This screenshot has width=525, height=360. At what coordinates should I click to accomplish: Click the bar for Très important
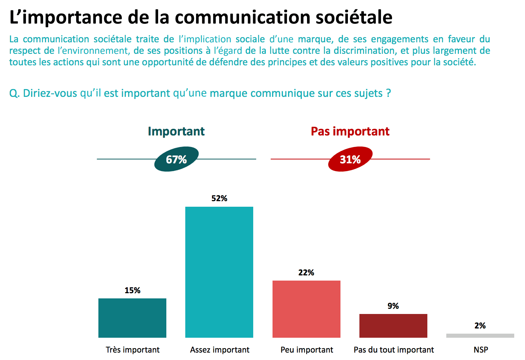[x=132, y=318]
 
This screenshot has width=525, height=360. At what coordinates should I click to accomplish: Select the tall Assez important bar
[x=219, y=272]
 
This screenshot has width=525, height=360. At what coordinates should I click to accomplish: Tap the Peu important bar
[x=306, y=309]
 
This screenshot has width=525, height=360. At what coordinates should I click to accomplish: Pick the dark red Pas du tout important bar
[x=393, y=325]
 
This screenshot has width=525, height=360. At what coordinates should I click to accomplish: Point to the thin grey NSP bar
[x=480, y=336]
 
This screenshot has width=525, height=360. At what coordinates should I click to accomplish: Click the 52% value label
[x=219, y=199]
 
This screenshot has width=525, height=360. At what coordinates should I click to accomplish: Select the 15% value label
[x=132, y=291]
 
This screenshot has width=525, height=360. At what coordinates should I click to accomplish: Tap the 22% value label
[x=306, y=273]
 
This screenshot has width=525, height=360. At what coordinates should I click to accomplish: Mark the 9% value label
[x=393, y=306]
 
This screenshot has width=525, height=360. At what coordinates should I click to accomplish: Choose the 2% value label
[x=480, y=326]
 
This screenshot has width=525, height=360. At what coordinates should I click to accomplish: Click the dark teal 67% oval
[x=176, y=159]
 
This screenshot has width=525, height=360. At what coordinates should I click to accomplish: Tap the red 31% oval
[x=350, y=159]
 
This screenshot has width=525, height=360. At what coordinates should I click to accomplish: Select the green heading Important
[x=176, y=131]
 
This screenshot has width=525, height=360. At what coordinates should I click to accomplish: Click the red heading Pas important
[x=350, y=131]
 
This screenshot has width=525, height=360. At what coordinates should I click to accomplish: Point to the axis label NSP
[x=481, y=350]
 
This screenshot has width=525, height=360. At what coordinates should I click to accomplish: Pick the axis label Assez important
[x=220, y=350]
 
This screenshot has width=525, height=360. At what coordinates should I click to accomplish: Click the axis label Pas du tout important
[x=394, y=350]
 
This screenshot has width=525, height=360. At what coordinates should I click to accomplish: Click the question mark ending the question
[x=388, y=93]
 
